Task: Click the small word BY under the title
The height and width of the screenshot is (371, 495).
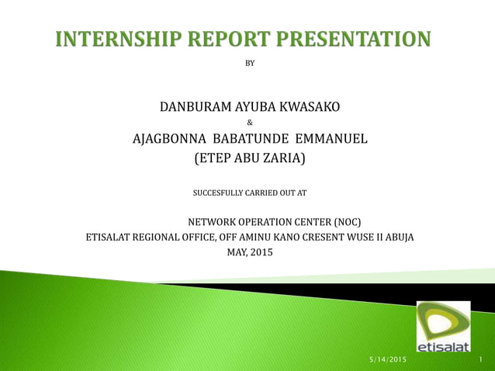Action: [249, 63]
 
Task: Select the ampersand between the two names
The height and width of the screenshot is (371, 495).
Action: [249, 123]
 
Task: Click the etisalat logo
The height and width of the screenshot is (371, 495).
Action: [442, 327]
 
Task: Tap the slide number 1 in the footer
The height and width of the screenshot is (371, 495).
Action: [481, 361]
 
